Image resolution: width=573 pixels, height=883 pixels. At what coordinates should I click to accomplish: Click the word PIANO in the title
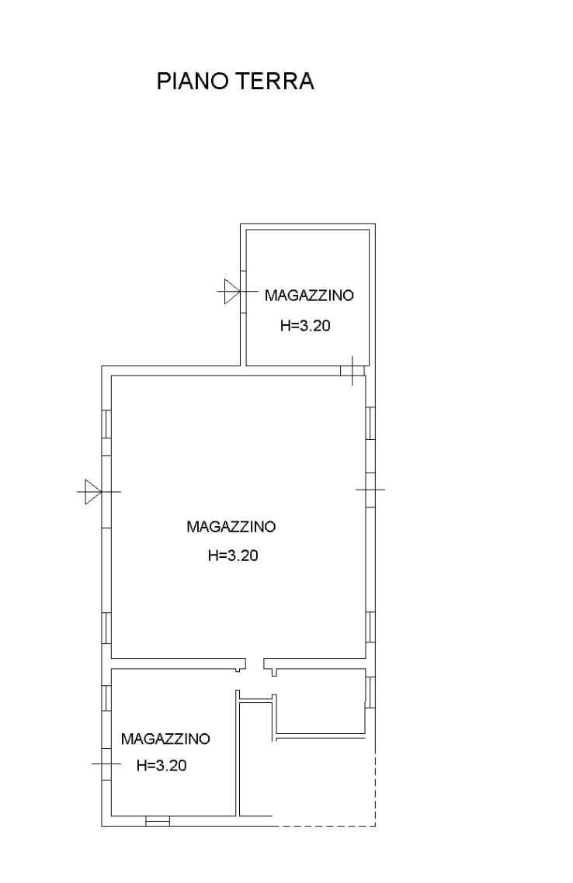tap(192, 81)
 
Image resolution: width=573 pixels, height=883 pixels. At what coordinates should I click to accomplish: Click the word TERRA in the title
tap(274, 81)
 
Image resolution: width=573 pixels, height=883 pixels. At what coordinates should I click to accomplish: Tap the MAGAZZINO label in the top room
tap(309, 295)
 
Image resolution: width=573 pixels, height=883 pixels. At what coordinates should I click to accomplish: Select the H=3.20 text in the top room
tap(305, 325)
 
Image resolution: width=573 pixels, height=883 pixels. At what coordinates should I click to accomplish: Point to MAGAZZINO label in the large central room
tap(231, 527)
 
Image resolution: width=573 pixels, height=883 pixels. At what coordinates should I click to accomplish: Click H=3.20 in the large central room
tap(233, 556)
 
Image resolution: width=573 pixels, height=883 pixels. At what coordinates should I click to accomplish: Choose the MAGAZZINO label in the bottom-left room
tap(165, 738)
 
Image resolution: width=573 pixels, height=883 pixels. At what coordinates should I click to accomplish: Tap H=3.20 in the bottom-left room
tap(161, 765)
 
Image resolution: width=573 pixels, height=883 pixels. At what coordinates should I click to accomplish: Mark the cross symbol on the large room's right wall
tap(370, 490)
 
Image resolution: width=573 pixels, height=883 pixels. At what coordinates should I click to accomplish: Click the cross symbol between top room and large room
tap(352, 371)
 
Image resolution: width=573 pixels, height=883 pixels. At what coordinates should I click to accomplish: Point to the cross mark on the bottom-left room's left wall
tap(106, 764)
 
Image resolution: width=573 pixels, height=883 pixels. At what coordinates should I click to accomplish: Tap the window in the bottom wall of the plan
tap(158, 822)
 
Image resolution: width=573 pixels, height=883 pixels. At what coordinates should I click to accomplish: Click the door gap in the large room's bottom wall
tap(255, 663)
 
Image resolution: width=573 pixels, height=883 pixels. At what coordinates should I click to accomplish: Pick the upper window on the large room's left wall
tap(106, 424)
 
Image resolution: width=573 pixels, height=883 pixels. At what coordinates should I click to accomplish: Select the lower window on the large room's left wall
tap(106, 628)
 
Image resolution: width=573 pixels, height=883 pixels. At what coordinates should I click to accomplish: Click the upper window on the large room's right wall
tap(370, 424)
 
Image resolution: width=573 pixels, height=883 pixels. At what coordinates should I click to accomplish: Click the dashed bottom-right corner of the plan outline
tap(375, 826)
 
